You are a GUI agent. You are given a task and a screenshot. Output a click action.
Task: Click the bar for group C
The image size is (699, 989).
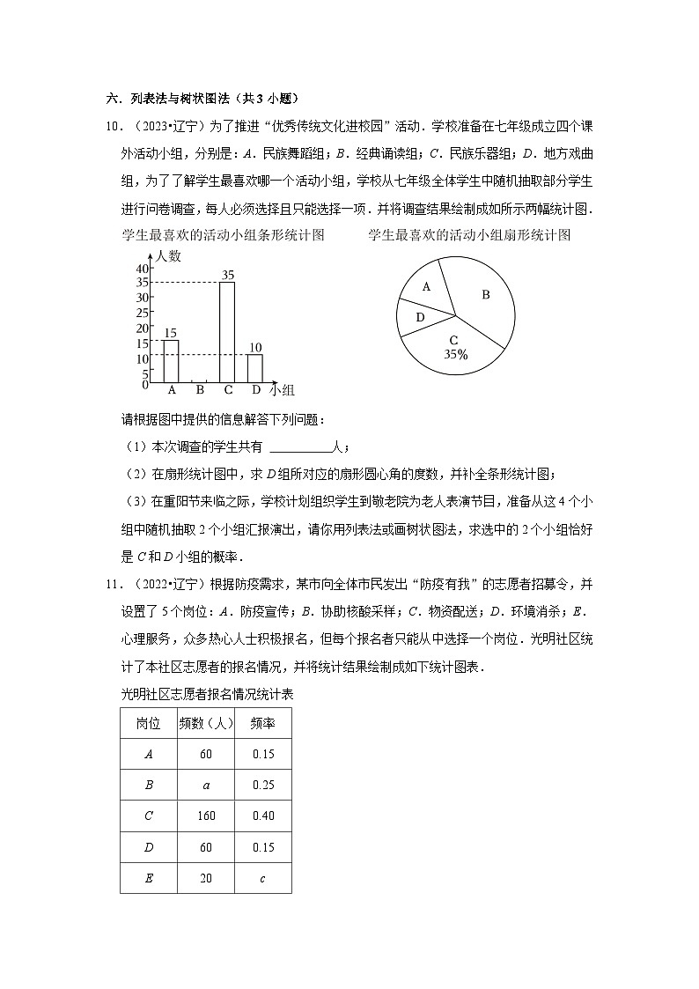coord(227,333)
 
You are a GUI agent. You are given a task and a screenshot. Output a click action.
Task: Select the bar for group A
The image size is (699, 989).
coord(171,361)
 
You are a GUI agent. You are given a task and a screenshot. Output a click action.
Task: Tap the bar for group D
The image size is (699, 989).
coord(255,368)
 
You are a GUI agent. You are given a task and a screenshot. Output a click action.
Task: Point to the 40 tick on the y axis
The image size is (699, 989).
coord(143,269)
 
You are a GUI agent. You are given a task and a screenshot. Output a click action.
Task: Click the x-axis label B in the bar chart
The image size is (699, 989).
coord(199,390)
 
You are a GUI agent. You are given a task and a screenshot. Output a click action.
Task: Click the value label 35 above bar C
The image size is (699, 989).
coord(227,275)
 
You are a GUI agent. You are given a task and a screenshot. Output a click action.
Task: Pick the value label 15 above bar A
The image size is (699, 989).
coord(171,333)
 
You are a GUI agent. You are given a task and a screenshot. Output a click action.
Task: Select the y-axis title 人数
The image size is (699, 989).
coord(168,256)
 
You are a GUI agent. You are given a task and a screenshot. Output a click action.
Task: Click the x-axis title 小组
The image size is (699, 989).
coord(282,389)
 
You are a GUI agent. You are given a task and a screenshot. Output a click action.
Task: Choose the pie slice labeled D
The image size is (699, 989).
coord(420,317)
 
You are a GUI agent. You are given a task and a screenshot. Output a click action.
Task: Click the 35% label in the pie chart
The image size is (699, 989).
coord(455,354)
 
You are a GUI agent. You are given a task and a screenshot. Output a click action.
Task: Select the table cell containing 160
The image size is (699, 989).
coord(206,816)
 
